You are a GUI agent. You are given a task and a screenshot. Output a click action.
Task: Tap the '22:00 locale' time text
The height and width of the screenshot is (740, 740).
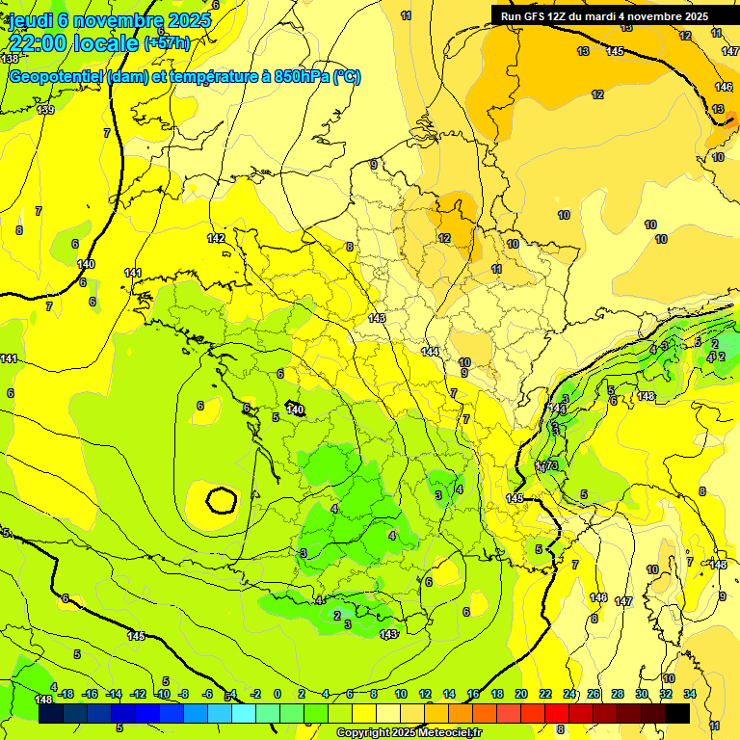[74, 42]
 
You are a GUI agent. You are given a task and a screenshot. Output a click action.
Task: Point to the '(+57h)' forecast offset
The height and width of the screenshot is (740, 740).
[167, 42]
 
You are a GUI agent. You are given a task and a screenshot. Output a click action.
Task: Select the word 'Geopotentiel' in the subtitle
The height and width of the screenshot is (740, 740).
[54, 76]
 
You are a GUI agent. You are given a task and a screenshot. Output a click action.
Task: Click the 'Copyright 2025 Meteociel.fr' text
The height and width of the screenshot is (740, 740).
[410, 733]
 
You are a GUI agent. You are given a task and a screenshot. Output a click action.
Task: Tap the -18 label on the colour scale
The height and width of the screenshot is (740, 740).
[66, 694]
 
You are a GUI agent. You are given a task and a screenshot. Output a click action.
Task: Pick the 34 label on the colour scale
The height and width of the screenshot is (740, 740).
[690, 694]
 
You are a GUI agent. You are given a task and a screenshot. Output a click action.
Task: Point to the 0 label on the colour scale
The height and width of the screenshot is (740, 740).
[277, 694]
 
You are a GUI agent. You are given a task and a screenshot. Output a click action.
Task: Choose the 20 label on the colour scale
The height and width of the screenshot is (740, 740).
[520, 694]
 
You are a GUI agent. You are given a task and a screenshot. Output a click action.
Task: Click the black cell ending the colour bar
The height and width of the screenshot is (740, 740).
[677, 713]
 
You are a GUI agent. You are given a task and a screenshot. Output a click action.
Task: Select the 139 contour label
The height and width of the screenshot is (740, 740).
[45, 110]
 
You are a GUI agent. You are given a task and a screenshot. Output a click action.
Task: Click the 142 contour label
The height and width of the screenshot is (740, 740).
[216, 238]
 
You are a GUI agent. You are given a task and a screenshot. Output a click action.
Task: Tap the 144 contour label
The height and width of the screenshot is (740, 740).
[430, 352]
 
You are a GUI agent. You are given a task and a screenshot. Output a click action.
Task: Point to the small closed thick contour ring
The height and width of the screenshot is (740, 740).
[222, 500]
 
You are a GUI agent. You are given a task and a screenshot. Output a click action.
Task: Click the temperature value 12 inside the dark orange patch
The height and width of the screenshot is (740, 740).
[444, 238]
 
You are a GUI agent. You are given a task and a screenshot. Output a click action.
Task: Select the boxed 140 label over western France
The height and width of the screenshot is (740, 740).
[295, 410]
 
